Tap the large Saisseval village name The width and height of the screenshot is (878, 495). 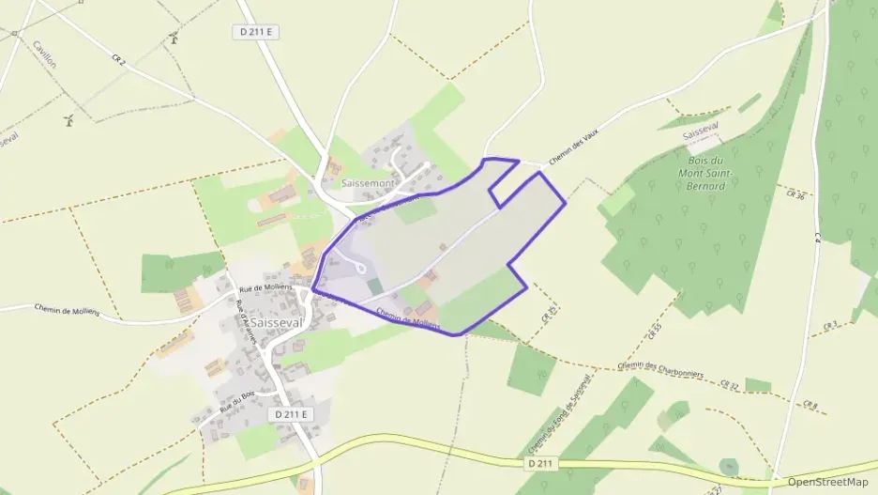pyautogui.click(x=277, y=322)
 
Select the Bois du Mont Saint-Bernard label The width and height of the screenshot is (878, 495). pyautogui.click(x=714, y=173)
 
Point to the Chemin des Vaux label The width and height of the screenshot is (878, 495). pyautogui.click(x=571, y=147)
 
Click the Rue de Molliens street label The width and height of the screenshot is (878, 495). pyautogui.click(x=266, y=286)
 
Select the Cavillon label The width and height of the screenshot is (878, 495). pyautogui.click(x=44, y=55)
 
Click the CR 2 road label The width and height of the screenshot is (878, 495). pyautogui.click(x=118, y=61)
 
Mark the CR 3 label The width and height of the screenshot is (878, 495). pyautogui.click(x=829, y=326)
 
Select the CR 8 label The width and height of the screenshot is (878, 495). pyautogui.click(x=810, y=406)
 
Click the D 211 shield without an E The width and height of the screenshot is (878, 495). pyautogui.click(x=541, y=463)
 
